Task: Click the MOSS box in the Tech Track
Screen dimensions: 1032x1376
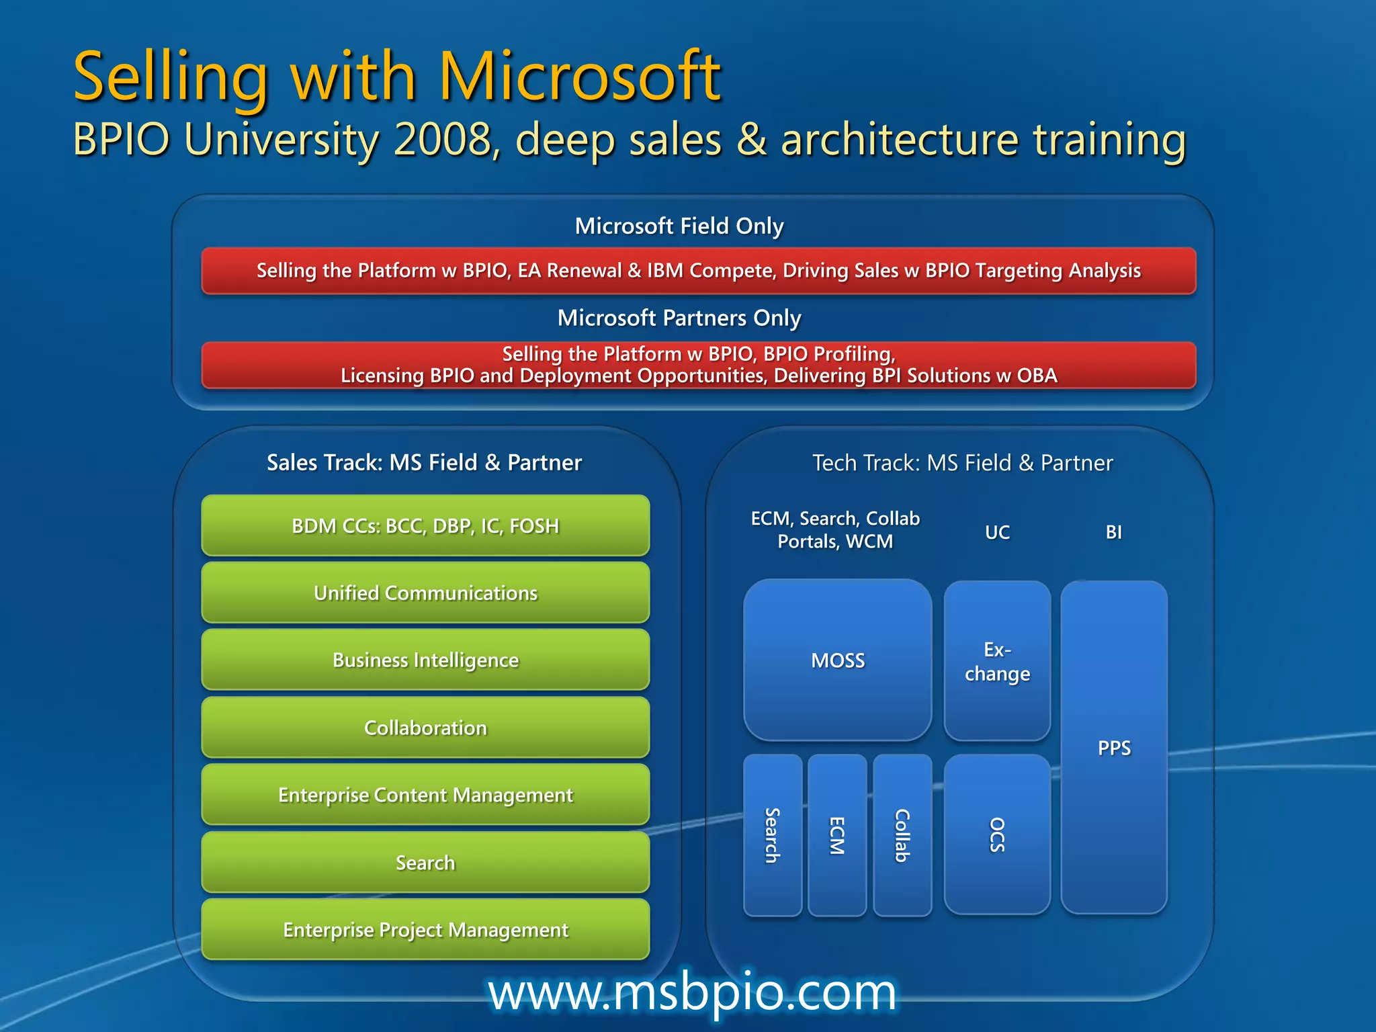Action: tap(837, 660)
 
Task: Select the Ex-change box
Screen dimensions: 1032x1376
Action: tap(997, 661)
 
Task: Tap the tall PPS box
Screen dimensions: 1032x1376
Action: tap(1114, 747)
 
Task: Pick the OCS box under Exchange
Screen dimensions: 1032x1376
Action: tap(997, 834)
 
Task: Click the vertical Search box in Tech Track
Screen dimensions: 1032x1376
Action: tap(773, 835)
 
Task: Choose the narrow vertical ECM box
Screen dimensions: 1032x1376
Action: tap(837, 835)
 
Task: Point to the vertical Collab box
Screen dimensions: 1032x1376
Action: tap(902, 835)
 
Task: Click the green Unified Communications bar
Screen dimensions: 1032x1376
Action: tap(425, 593)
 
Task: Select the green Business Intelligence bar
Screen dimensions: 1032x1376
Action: tap(425, 660)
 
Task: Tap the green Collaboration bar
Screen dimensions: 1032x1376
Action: tap(425, 728)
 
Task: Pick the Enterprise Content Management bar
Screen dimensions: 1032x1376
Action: tap(425, 795)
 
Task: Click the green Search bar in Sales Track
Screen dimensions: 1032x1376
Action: tap(425, 863)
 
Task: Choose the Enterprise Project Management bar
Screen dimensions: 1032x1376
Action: tap(425, 930)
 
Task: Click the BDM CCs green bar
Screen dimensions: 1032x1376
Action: tap(425, 525)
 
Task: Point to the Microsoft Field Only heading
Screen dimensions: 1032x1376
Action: tap(679, 226)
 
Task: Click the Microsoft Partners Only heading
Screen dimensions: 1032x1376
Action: tap(679, 318)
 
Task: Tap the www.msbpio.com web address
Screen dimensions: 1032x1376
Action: tap(692, 992)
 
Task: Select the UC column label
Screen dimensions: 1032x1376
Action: tap(997, 532)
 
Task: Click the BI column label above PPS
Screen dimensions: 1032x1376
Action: tap(1113, 532)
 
